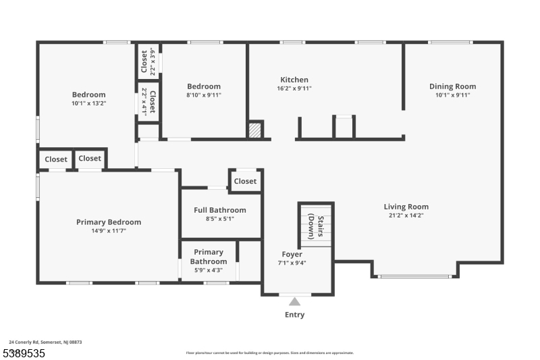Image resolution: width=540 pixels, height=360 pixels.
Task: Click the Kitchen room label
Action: (x=294, y=80)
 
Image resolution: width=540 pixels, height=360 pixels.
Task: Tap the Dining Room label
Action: (x=452, y=86)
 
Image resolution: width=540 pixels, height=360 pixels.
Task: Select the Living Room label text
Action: (x=406, y=207)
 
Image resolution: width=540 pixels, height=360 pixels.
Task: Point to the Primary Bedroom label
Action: (x=109, y=222)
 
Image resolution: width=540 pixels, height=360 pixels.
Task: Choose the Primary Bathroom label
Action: (x=208, y=257)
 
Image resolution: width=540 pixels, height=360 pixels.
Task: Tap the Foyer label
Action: (x=292, y=255)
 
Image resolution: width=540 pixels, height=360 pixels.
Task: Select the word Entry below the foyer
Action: (x=294, y=315)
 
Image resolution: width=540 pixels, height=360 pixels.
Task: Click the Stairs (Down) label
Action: (x=316, y=227)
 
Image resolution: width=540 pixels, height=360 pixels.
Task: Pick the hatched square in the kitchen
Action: (x=255, y=130)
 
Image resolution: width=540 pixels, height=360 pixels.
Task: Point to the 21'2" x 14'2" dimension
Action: (x=406, y=216)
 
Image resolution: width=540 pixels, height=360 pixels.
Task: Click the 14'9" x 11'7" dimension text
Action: (x=109, y=231)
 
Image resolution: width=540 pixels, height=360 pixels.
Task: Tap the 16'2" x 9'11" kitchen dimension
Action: (x=294, y=88)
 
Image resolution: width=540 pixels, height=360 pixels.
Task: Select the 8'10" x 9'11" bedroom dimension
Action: (x=204, y=95)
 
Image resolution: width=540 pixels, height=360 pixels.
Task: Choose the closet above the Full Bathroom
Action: (x=245, y=181)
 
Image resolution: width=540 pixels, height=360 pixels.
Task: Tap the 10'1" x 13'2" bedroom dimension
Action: (x=89, y=103)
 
